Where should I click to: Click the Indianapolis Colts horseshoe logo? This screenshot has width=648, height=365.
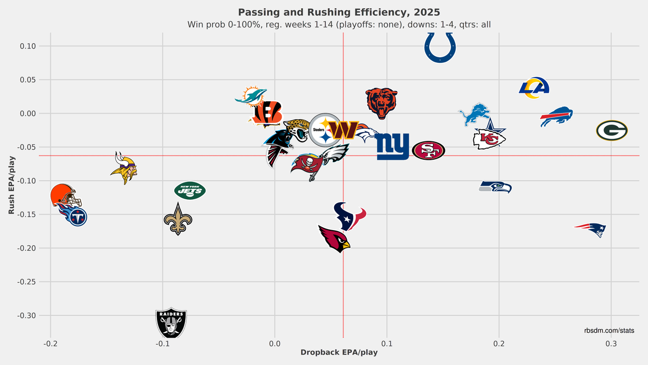tap(439, 47)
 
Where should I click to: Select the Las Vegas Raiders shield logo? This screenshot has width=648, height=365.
tap(171, 322)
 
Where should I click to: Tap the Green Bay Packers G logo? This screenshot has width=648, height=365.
tap(612, 130)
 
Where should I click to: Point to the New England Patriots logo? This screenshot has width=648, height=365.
tap(590, 230)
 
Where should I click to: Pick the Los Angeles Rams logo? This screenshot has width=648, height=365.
tap(534, 88)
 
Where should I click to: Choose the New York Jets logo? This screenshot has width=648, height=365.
tap(190, 191)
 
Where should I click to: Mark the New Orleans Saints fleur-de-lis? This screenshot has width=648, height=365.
tap(178, 219)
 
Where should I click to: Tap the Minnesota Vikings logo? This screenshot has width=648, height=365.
tap(123, 167)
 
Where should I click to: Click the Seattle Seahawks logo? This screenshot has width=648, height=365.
tap(496, 187)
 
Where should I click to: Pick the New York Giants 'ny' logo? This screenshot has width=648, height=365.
tap(392, 147)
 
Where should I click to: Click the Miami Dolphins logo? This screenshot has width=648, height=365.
tap(251, 96)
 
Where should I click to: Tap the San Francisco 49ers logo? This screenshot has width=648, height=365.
tap(428, 151)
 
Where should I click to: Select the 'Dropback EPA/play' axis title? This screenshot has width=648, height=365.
tap(339, 352)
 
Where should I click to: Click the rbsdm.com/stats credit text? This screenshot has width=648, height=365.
tap(609, 331)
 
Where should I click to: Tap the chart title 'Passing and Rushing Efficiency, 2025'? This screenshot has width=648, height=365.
tap(339, 12)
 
